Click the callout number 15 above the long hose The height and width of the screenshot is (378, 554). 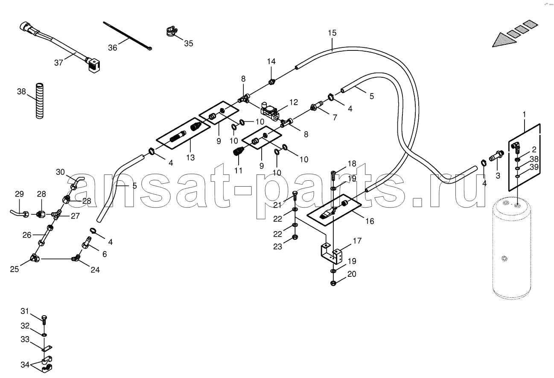[x=332, y=33]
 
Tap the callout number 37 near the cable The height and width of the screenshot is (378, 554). [x=58, y=63]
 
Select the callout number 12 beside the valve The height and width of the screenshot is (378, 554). [x=294, y=102]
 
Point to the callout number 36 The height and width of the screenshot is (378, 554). [x=113, y=48]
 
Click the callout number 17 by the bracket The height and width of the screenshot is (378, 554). [x=357, y=240]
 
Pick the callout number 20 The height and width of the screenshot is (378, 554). [x=352, y=274]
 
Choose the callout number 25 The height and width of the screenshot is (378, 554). [x=15, y=269]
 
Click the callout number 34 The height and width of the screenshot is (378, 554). [x=25, y=365]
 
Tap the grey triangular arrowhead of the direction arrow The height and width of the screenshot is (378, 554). [x=504, y=40]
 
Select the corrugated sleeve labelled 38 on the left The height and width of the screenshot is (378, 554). [x=40, y=101]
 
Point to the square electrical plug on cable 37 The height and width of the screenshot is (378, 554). [x=94, y=65]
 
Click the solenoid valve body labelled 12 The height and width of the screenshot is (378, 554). [x=269, y=111]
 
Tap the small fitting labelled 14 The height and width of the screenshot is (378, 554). [x=272, y=82]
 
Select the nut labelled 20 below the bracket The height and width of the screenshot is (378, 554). [x=333, y=283]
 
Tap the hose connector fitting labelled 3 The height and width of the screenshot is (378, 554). [x=496, y=156]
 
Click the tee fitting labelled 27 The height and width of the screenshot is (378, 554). [x=57, y=214]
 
